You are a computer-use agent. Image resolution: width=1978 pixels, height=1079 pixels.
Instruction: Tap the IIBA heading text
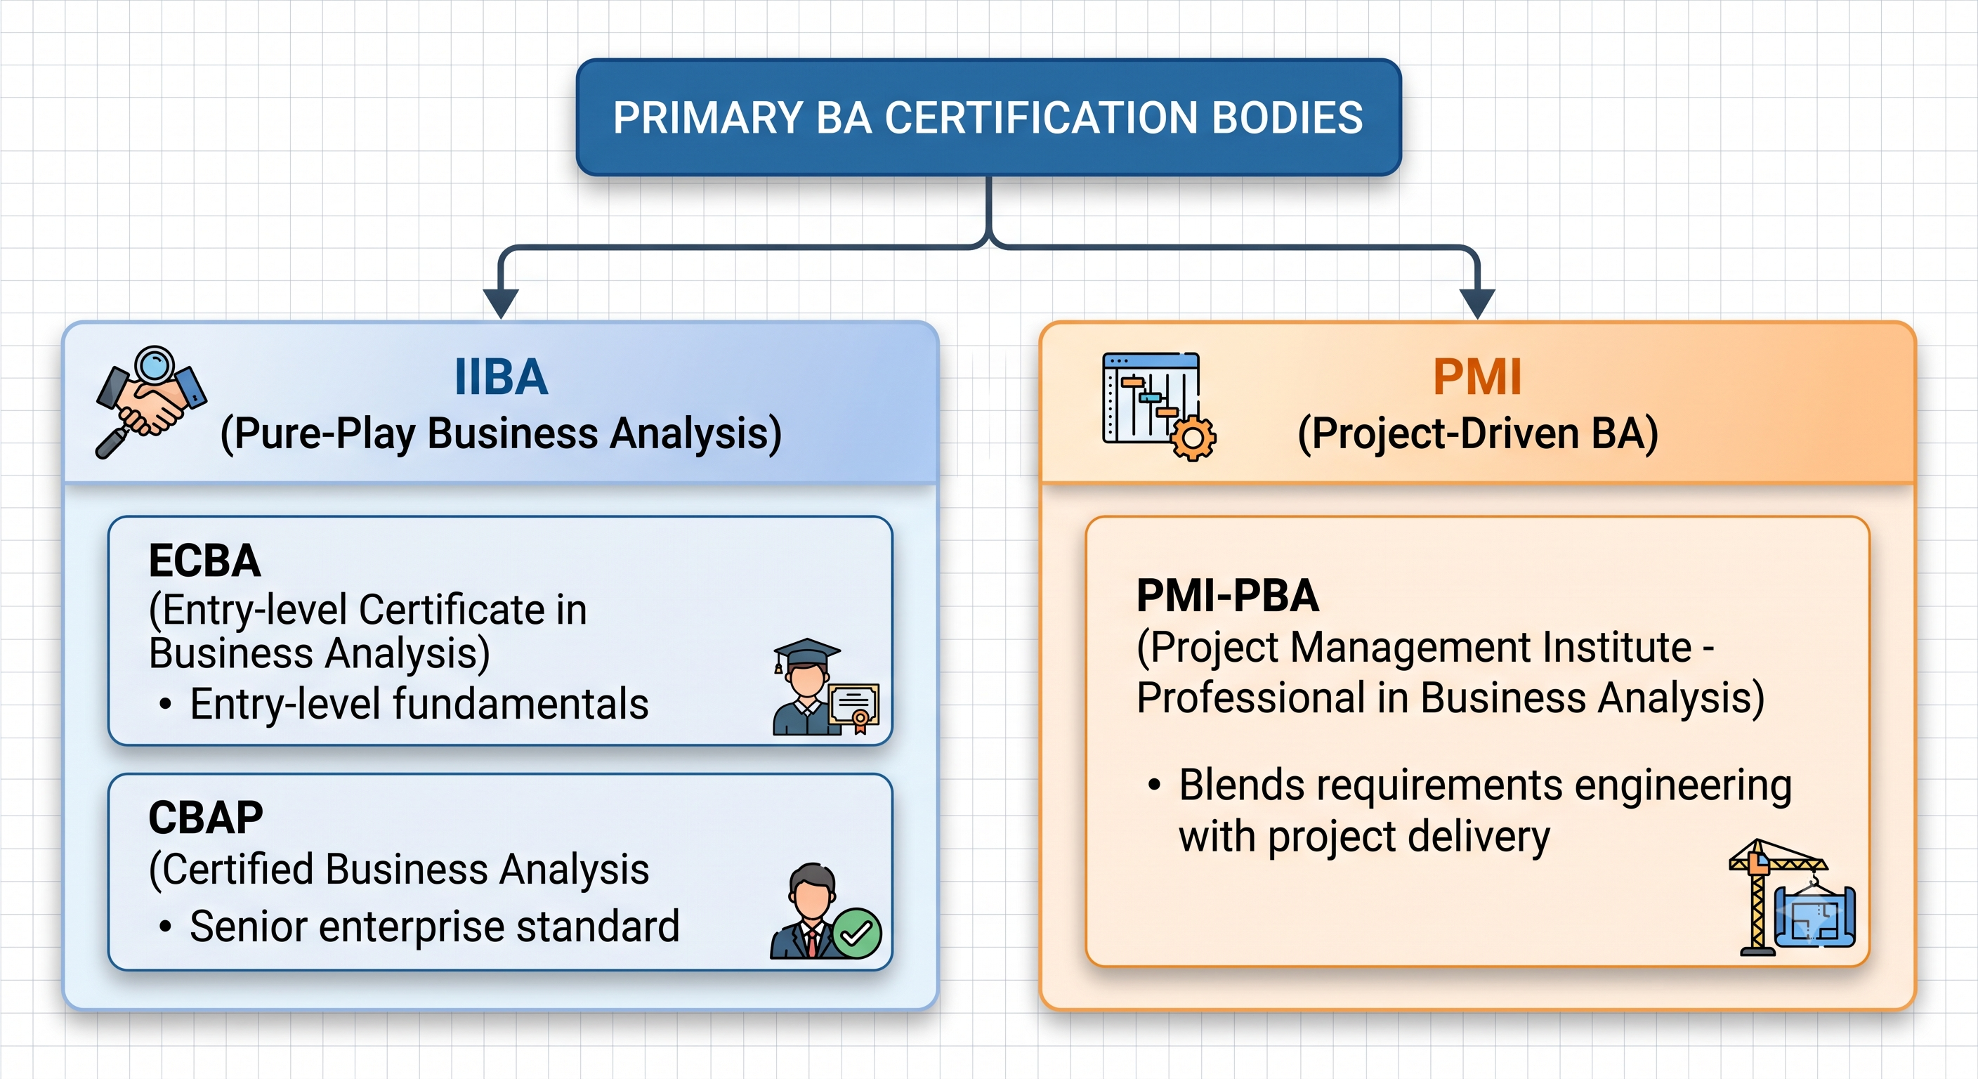point(502,377)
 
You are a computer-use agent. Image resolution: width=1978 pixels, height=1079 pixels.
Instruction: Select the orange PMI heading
point(1477,377)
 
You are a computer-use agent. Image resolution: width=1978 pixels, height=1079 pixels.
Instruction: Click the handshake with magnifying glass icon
point(150,402)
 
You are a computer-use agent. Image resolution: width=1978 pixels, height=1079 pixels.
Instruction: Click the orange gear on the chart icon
point(1193,438)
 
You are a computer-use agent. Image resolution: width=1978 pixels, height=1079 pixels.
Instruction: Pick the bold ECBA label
point(204,560)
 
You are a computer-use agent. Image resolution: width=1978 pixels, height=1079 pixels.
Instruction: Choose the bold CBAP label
point(206,817)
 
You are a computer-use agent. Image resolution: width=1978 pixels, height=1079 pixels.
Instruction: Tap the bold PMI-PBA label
point(1228,595)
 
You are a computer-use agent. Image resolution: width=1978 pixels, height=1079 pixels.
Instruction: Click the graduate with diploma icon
point(825,686)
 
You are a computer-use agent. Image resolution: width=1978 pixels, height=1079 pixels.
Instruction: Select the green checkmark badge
point(857,933)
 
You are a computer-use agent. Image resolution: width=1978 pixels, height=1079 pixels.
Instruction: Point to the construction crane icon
point(1792,897)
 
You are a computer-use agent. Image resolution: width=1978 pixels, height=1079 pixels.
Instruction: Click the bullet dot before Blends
point(1154,785)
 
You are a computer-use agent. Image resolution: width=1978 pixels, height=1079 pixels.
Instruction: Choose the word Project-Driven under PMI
point(1444,435)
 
